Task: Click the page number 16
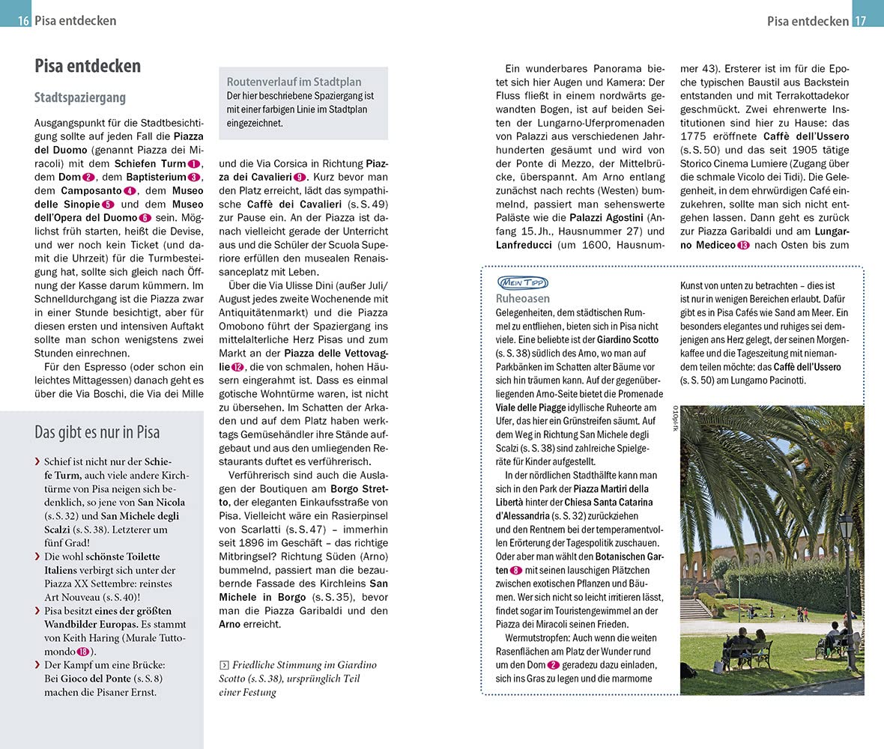(x=23, y=21)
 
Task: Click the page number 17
(x=860, y=21)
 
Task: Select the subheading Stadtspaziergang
(x=80, y=97)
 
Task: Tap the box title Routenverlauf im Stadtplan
(x=294, y=82)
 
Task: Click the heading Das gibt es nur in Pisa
(x=97, y=432)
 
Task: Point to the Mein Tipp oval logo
(x=522, y=282)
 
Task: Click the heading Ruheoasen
(x=523, y=298)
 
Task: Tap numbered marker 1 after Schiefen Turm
(x=194, y=164)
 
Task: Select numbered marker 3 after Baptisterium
(x=194, y=178)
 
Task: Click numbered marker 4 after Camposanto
(x=128, y=191)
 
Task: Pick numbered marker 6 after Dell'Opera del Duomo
(x=145, y=218)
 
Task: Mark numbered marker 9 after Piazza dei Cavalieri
(x=300, y=177)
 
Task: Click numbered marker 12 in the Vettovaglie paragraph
(x=238, y=367)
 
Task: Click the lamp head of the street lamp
(x=845, y=526)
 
